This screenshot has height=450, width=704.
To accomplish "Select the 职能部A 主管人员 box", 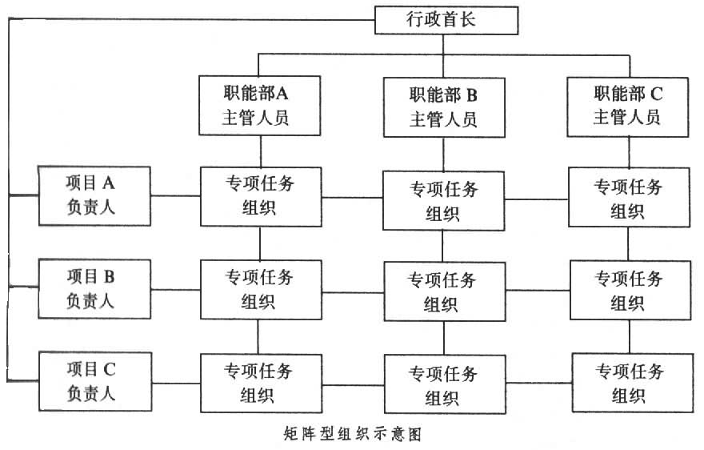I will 260,104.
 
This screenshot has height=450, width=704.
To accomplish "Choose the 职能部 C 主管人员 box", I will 628,104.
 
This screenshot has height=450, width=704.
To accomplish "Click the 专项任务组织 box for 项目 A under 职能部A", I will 260,196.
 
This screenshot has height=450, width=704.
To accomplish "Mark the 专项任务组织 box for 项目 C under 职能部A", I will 260,383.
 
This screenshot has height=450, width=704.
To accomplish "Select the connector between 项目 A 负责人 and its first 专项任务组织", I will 176,195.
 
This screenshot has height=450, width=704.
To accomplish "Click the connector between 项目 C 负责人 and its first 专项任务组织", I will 176,382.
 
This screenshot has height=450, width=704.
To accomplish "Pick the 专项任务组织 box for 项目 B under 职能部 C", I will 628,289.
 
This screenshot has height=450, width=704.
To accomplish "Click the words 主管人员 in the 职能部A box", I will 260,118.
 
